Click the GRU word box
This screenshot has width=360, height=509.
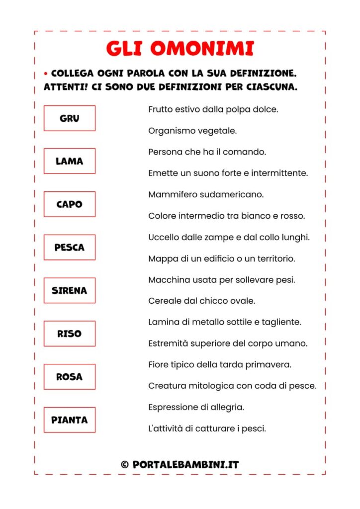[69, 118]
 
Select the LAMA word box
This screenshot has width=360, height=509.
[69, 161]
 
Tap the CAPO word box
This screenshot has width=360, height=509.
[69, 204]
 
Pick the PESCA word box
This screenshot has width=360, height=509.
[69, 248]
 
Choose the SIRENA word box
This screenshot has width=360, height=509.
[69, 290]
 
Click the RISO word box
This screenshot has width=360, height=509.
[69, 334]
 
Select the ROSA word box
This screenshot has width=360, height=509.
[69, 377]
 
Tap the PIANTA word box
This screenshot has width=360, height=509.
[69, 420]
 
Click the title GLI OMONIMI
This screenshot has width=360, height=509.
[180, 49]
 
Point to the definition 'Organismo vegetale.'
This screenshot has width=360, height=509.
[192, 131]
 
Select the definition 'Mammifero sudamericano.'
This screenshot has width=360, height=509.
[206, 194]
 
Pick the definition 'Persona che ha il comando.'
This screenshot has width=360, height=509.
[207, 152]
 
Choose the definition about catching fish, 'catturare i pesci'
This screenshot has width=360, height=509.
[207, 428]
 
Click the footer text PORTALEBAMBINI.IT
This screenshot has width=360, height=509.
[185, 465]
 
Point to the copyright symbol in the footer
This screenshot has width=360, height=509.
[124, 465]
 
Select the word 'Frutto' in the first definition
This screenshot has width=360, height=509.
[160, 109]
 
